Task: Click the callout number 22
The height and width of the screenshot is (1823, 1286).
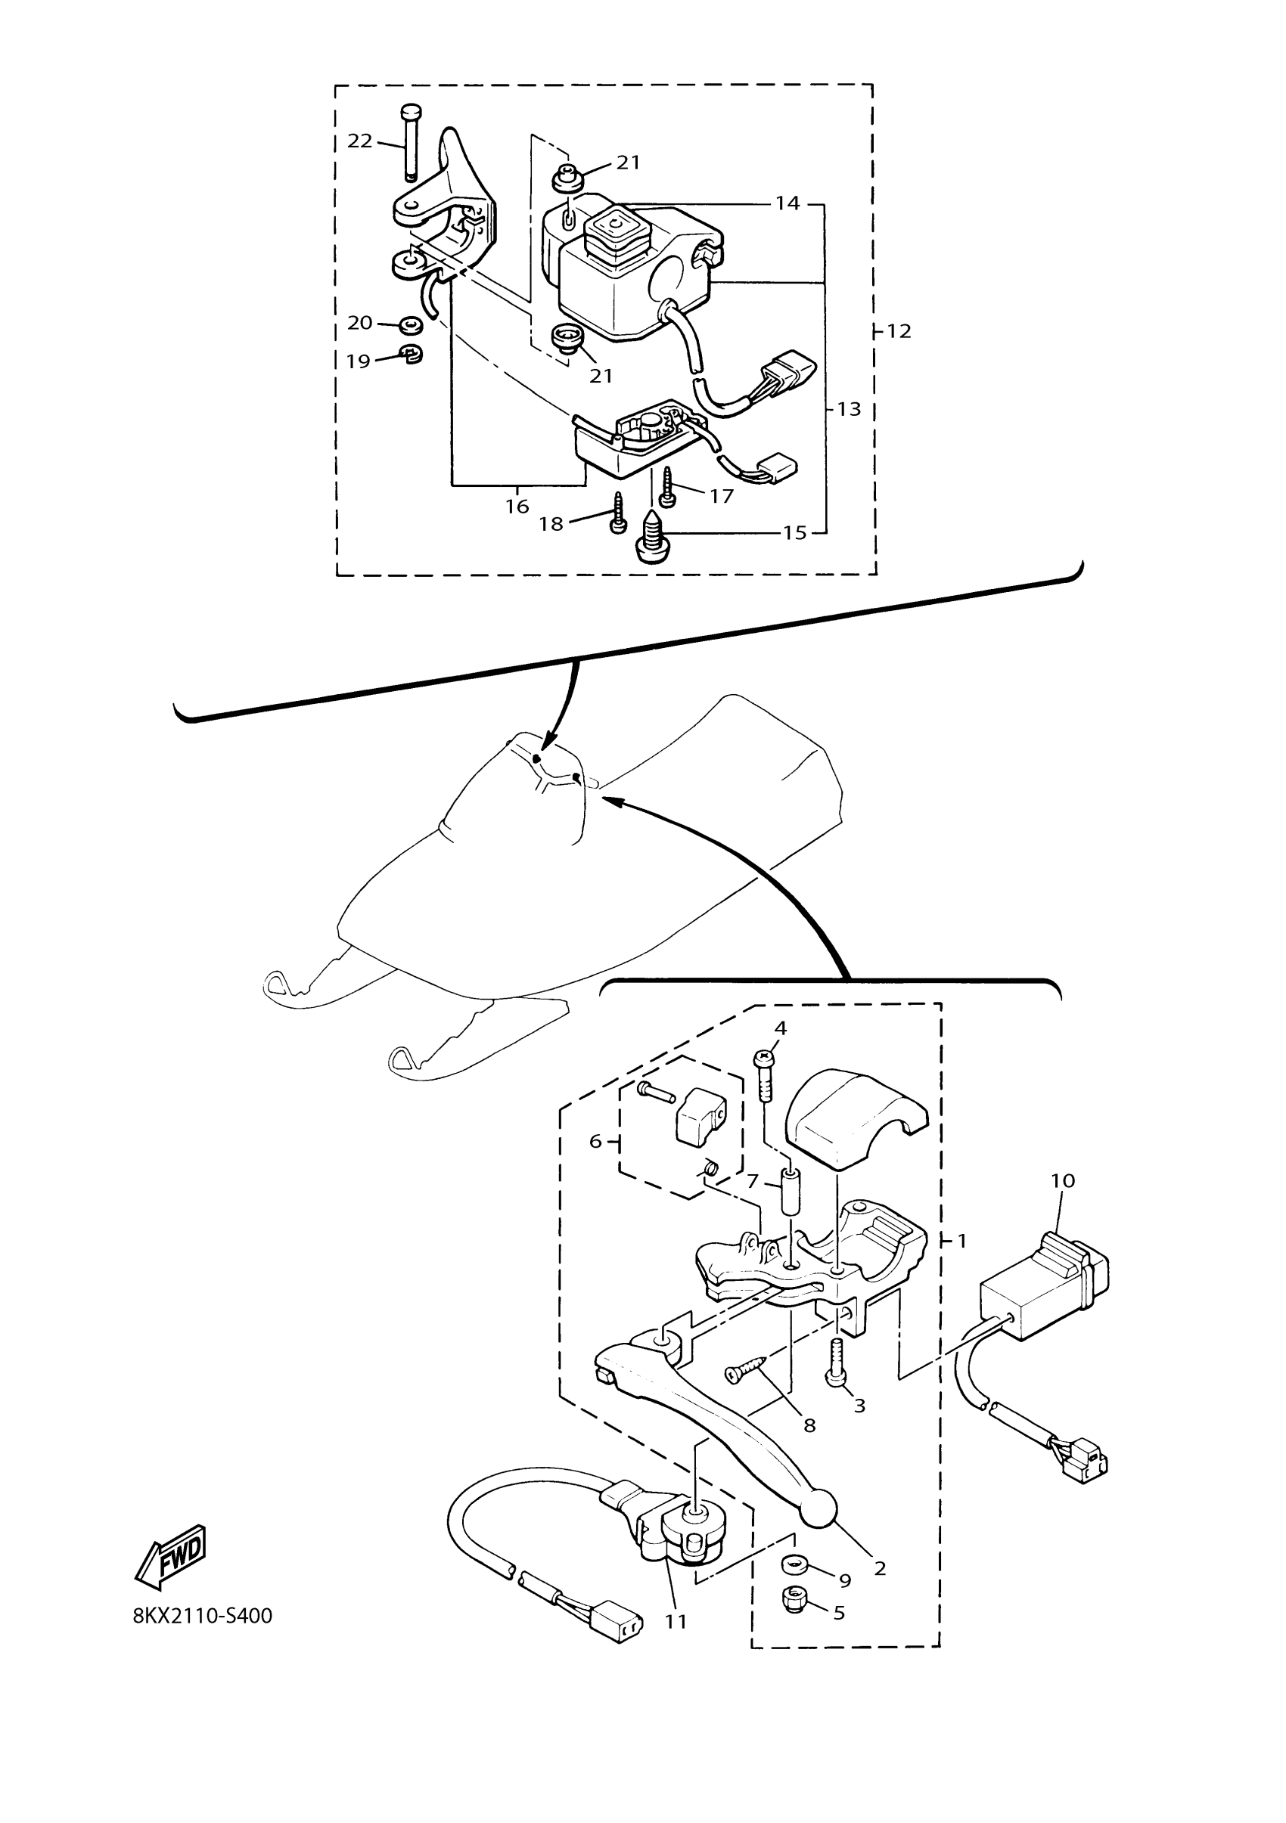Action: coord(360,141)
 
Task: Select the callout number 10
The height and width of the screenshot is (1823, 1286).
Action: coord(1063,1203)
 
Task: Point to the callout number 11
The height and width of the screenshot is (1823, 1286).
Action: coord(676,1622)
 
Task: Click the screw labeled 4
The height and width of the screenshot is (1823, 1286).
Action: coord(766,1077)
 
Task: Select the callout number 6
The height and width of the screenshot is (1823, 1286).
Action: coord(596,1142)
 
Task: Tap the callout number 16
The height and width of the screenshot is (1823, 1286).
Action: coord(517,506)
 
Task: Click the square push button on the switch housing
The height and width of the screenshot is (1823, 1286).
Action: coord(618,231)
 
